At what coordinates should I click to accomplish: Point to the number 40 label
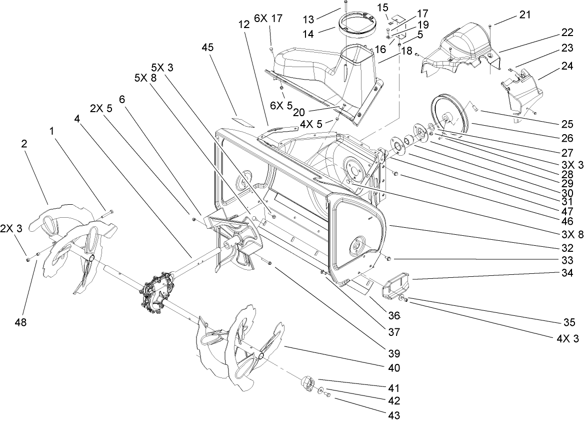click(393, 368)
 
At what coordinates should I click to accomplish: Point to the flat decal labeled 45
click(243, 122)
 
